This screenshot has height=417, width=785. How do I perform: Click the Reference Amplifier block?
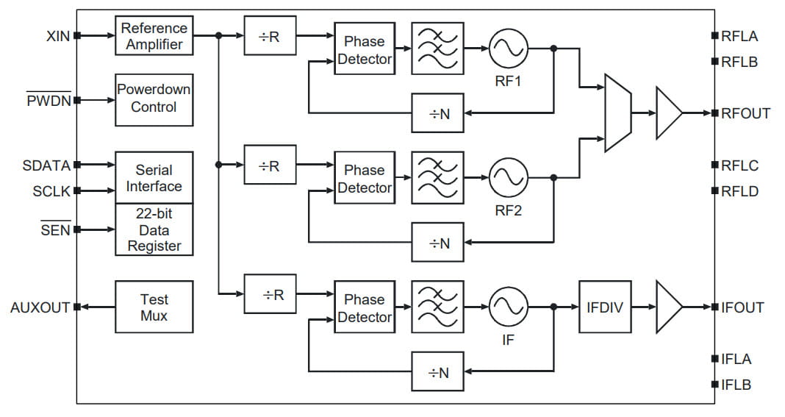[154, 35]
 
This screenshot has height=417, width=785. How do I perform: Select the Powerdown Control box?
[154, 98]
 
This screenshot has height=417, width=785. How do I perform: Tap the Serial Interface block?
[154, 177]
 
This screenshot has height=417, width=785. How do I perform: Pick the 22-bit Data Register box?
[154, 229]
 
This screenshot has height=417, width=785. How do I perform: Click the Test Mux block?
[154, 307]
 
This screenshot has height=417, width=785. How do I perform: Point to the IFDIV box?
[605, 307]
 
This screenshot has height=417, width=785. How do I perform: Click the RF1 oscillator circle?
[508, 49]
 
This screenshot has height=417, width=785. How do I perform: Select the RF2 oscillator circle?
[508, 177]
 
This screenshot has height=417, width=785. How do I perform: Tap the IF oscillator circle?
[508, 307]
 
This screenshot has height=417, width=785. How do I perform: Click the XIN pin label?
[57, 35]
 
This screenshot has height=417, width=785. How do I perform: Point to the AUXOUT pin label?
[40, 307]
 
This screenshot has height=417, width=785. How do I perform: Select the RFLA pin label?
[739, 35]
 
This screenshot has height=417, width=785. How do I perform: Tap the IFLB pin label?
[736, 384]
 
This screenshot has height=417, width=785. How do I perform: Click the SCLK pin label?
[51, 191]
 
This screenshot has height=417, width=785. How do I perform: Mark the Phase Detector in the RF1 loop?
[365, 49]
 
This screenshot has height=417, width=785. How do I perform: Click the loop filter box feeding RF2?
[438, 177]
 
